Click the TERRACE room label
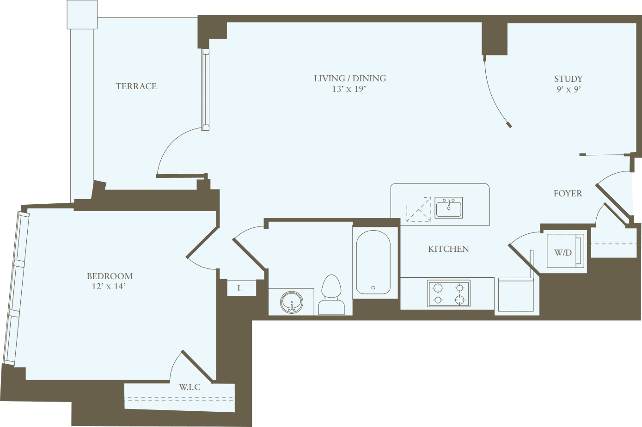pos(136,86)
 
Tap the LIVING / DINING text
pos(350,79)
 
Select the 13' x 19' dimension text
pos(349,89)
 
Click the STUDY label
pos(568,79)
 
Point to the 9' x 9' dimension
pos(568,90)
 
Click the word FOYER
pos(568,194)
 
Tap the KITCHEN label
pos(448,249)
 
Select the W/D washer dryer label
pos(563,252)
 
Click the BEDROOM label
pos(110,276)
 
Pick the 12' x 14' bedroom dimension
pos(109,287)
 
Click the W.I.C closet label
pos(190,387)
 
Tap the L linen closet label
pos(240,288)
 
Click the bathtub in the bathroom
pos(373,262)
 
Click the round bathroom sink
pos(292,302)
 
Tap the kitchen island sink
pos(448,208)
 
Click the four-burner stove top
pos(448,293)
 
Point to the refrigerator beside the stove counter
pos(515,294)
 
